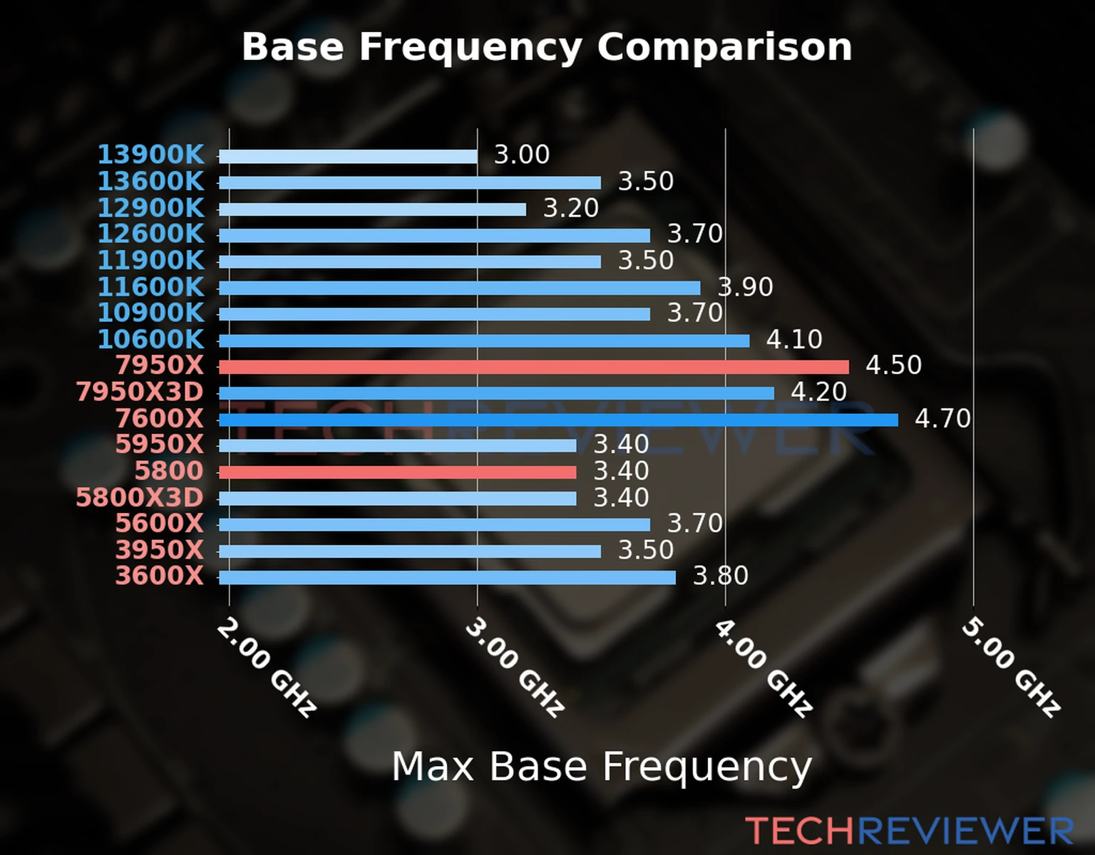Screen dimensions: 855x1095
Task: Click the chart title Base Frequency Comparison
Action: [547, 47]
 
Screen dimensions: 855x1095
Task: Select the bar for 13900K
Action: [348, 157]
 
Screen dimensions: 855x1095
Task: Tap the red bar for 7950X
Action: [533, 367]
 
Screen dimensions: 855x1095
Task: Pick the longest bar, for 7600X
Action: [558, 420]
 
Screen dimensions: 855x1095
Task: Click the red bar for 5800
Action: [397, 472]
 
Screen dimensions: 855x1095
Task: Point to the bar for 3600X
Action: [447, 577]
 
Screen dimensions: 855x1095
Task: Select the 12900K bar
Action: [372, 209]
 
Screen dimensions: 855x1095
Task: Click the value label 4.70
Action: [942, 419]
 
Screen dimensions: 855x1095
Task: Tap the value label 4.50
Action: [893, 366]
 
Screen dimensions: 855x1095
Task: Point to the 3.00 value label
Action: [522, 155]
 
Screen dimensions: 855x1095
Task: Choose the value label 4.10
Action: [794, 339]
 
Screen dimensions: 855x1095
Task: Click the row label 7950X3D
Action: [140, 392]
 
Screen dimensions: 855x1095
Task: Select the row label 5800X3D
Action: [140, 497]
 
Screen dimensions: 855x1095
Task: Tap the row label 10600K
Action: [150, 339]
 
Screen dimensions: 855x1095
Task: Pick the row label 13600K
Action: [150, 181]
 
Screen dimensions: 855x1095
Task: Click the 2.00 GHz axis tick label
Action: [266, 667]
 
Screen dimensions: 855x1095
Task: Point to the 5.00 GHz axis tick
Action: [1011, 667]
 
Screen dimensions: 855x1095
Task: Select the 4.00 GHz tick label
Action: [763, 667]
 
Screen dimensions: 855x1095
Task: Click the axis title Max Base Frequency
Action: [602, 767]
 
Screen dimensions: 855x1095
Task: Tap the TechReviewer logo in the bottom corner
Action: [909, 831]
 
